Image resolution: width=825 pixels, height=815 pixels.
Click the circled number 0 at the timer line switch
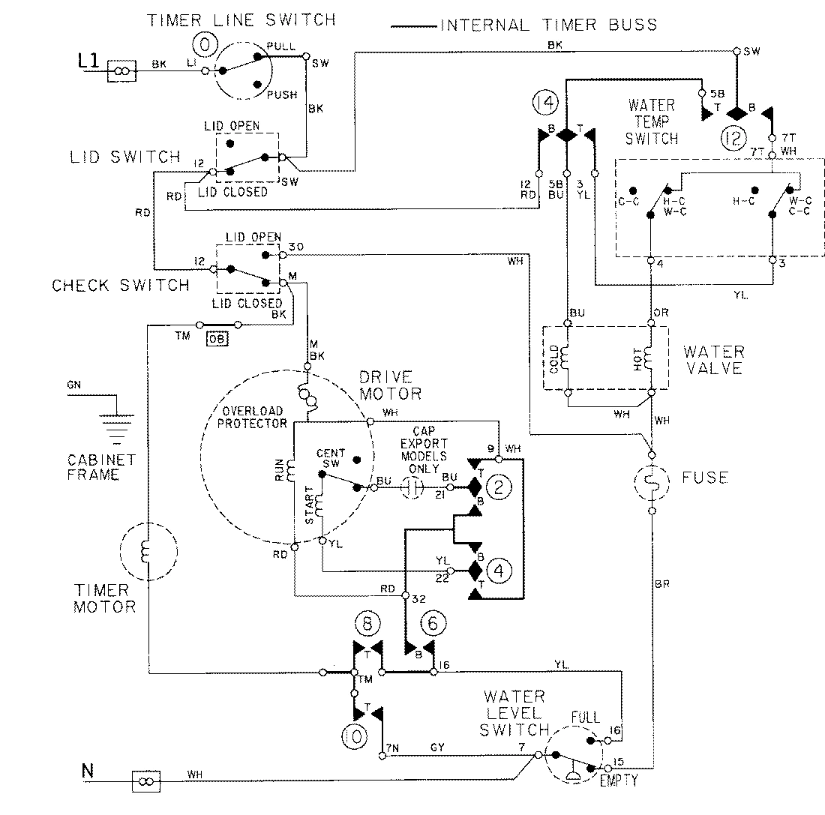tap(208, 46)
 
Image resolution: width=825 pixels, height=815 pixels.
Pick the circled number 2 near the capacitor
tap(499, 487)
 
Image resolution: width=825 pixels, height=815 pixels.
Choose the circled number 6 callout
tap(432, 622)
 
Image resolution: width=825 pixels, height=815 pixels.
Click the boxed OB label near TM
tap(217, 337)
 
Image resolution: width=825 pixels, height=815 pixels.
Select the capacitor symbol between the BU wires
tap(412, 487)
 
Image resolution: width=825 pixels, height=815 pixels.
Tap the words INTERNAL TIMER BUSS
tap(547, 25)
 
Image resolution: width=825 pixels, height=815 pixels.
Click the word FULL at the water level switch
tap(584, 718)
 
